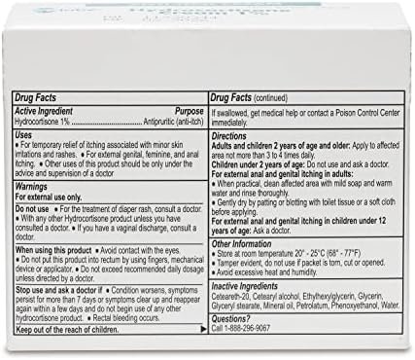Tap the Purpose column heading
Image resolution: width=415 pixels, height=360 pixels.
[x=184, y=111]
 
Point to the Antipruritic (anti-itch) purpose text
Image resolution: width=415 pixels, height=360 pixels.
[x=169, y=121]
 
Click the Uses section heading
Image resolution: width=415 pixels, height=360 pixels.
[x=24, y=134]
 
